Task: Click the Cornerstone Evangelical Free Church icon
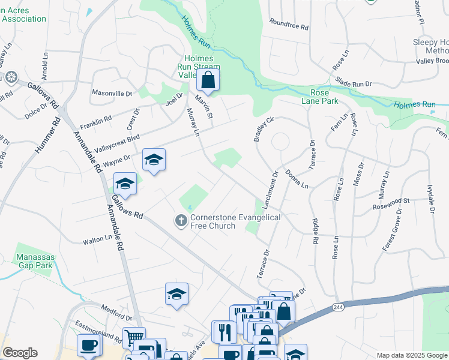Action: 181,221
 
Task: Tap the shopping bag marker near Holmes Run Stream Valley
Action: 208,81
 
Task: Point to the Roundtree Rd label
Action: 289,27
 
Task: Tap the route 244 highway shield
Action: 337,307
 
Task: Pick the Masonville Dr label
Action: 112,94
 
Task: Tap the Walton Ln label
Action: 98,241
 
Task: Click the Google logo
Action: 20,353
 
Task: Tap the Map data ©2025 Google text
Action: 412,355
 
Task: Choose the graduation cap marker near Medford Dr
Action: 176,295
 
